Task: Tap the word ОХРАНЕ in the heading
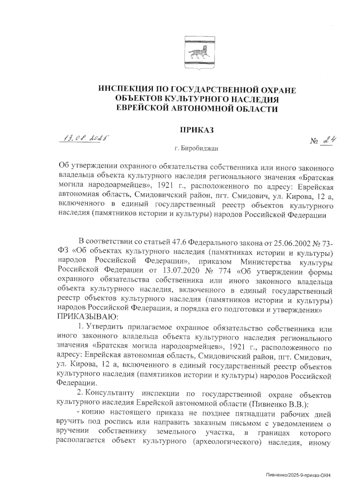pos(276,90)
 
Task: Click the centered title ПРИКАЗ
pos(196,130)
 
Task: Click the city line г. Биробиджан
pos(196,148)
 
